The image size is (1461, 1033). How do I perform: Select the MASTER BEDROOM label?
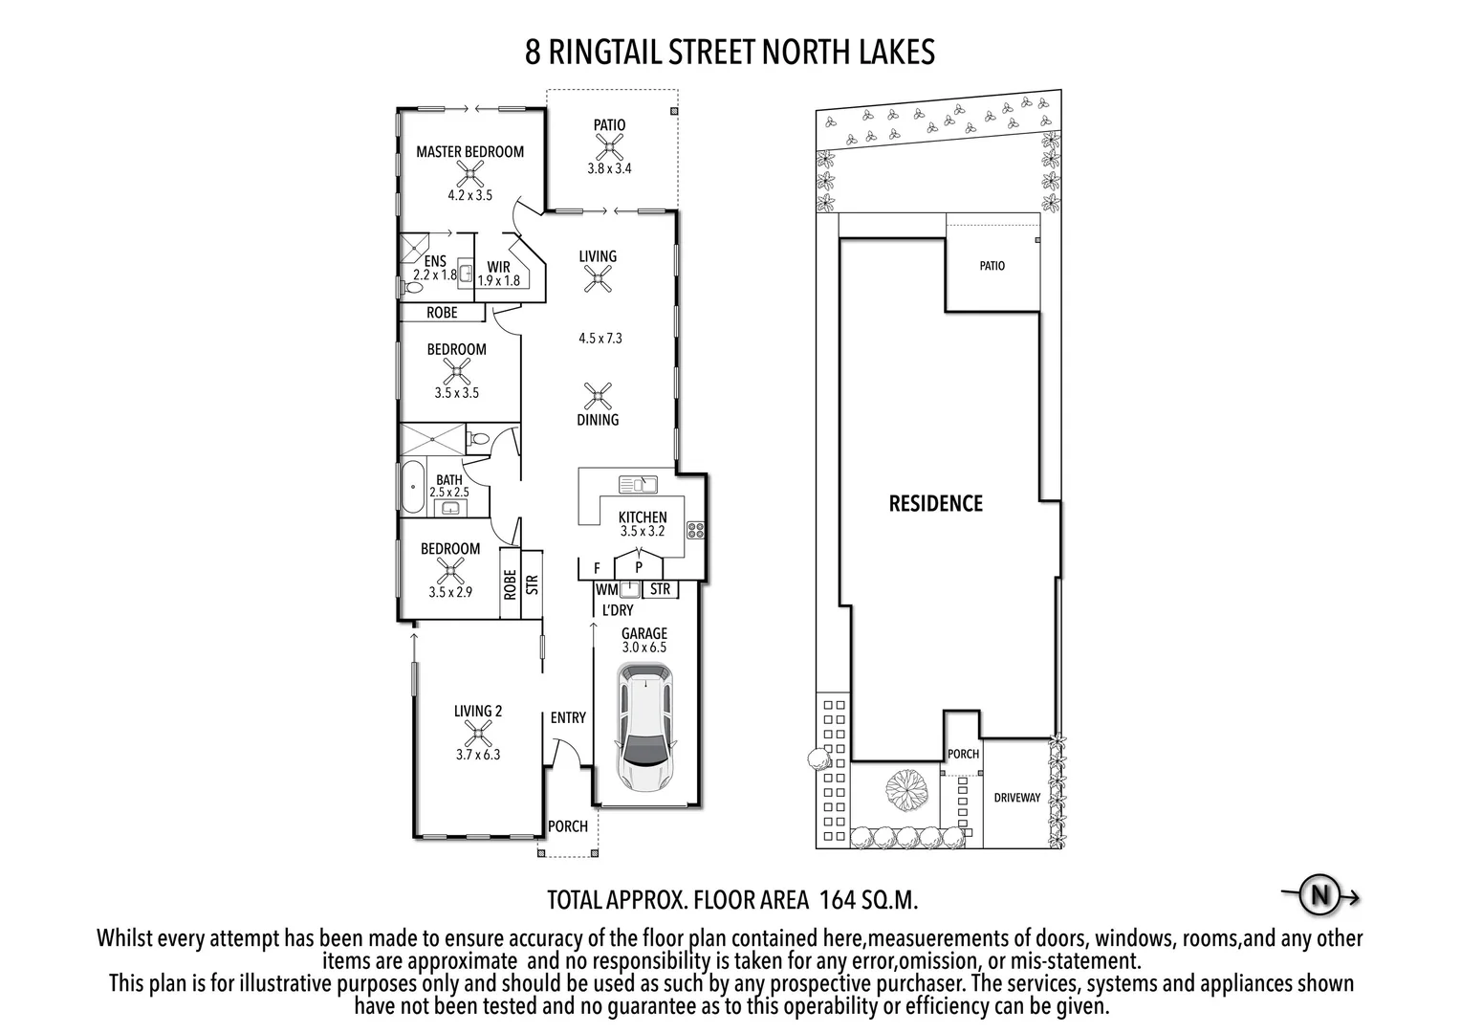coord(469,151)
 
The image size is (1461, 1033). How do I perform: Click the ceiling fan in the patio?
coord(609,146)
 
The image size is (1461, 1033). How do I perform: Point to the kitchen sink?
coord(637,484)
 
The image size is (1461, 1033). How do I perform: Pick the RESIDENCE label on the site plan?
coord(935,503)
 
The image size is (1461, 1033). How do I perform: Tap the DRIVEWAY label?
coord(1016,798)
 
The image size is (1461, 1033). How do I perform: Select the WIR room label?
coord(498,268)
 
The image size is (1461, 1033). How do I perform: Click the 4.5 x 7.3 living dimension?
coord(600,338)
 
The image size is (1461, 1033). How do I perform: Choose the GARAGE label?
coord(643,633)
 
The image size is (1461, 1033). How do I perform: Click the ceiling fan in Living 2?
coord(477,733)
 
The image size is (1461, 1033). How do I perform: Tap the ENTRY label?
coord(568,717)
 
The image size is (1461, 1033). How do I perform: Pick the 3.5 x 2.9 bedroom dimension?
coord(450,592)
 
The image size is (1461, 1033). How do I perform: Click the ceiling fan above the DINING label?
coord(598,395)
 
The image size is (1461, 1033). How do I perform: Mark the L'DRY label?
coord(618,610)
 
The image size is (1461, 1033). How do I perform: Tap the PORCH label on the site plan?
coord(963,754)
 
